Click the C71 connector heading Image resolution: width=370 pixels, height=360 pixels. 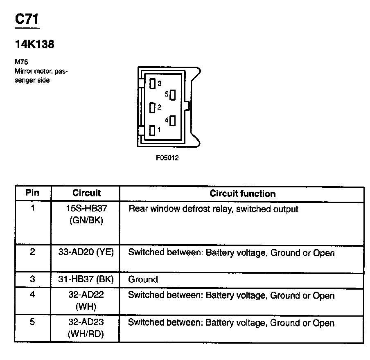pyautogui.click(x=27, y=20)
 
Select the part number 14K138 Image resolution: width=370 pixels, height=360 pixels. pyautogui.click(x=34, y=45)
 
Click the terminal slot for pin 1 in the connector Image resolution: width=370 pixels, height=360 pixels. pyautogui.click(x=152, y=130)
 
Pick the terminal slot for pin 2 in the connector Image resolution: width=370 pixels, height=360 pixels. pyautogui.click(x=152, y=108)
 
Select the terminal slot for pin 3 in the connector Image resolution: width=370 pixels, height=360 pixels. pyautogui.click(x=152, y=84)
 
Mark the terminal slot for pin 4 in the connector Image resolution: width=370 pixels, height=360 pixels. pyautogui.click(x=172, y=121)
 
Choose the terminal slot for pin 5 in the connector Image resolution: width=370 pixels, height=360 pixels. pyautogui.click(x=172, y=95)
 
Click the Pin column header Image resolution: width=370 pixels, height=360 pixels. pyautogui.click(x=32, y=193)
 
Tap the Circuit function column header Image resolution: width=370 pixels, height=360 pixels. pyautogui.click(x=242, y=193)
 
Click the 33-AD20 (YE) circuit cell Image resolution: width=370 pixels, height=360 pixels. pyautogui.click(x=86, y=253)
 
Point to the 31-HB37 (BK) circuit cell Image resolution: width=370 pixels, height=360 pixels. pyautogui.click(x=86, y=280)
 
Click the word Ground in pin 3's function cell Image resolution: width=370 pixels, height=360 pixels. pyautogui.click(x=143, y=280)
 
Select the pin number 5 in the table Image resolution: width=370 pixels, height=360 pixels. pyautogui.click(x=32, y=322)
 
